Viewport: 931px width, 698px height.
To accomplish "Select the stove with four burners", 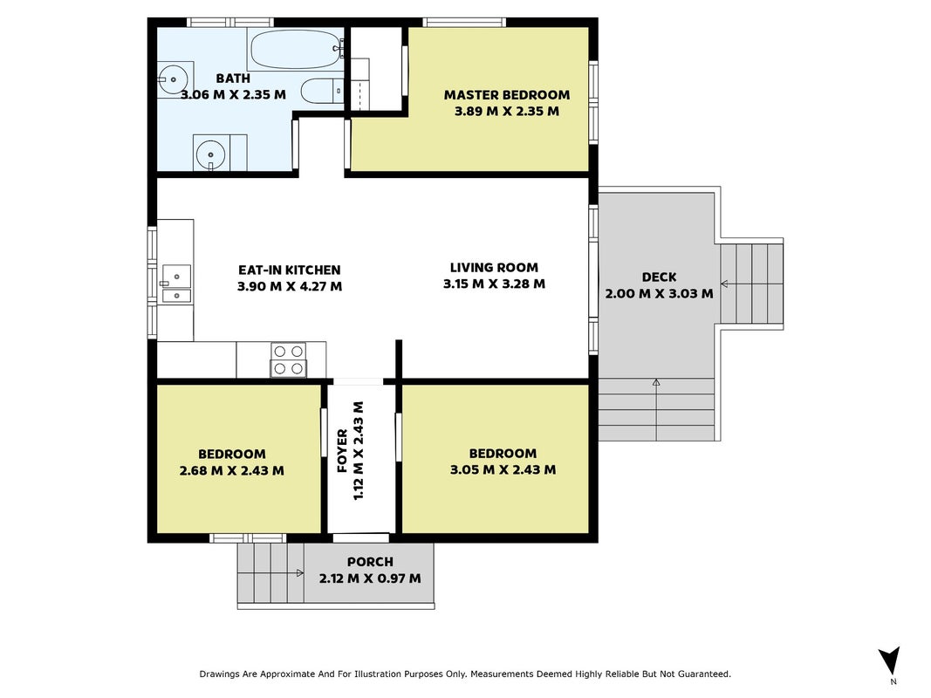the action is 289,359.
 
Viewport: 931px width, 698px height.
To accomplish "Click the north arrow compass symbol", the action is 889,660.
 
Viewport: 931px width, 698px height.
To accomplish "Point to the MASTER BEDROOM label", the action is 506,95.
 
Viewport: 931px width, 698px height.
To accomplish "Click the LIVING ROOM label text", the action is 494,268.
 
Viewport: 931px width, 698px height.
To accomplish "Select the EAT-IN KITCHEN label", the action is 289,270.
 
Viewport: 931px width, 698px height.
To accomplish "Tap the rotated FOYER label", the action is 343,451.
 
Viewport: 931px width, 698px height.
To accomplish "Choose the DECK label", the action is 659,277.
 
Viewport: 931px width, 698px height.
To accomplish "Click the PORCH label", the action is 370,562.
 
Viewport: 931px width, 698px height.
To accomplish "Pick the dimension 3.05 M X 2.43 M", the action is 503,470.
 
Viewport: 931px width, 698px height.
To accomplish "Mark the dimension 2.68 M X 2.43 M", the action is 231,470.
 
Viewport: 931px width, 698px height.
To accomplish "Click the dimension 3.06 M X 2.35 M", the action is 233,94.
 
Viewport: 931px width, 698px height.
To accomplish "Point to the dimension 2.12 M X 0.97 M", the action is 370,578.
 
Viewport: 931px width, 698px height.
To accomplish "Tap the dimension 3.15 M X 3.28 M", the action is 494,284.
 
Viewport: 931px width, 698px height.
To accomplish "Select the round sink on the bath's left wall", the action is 173,79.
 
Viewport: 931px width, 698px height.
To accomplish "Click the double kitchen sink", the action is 176,284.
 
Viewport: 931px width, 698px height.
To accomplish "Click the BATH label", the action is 233,79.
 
